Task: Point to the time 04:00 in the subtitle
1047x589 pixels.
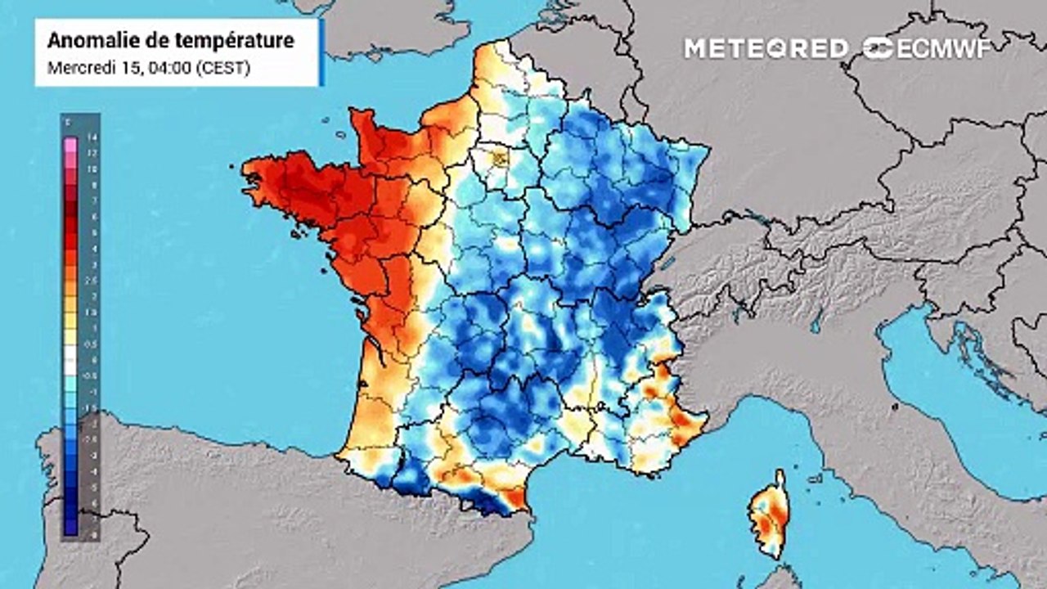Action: click(x=169, y=68)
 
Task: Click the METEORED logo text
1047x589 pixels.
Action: click(x=766, y=48)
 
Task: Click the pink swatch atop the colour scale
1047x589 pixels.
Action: click(x=70, y=147)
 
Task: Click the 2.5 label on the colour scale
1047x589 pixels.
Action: click(x=92, y=281)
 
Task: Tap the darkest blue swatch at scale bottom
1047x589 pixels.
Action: click(x=70, y=528)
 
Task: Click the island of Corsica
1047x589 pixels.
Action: click(x=769, y=515)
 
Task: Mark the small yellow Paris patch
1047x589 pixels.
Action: click(x=497, y=156)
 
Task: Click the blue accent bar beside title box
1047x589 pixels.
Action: click(x=321, y=52)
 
